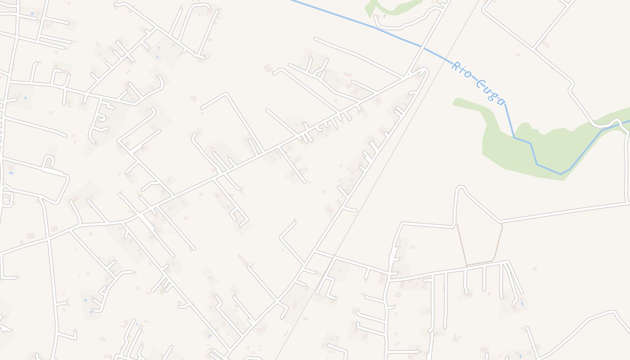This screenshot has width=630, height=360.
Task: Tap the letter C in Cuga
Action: (481, 85)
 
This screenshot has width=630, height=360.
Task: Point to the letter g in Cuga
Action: (494, 94)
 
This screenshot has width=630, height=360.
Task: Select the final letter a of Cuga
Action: (500, 101)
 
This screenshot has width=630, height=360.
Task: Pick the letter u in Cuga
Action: (488, 89)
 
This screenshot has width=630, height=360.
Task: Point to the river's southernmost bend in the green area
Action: (561, 174)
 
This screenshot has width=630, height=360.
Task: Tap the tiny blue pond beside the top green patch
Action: (384, 16)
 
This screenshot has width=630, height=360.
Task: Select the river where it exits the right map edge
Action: (628, 121)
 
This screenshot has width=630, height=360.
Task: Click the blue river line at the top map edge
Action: (292, 1)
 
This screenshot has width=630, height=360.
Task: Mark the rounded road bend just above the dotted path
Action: (460, 187)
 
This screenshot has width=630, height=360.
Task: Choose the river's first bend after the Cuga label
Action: (514, 137)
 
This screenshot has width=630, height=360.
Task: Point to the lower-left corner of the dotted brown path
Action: (467, 265)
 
